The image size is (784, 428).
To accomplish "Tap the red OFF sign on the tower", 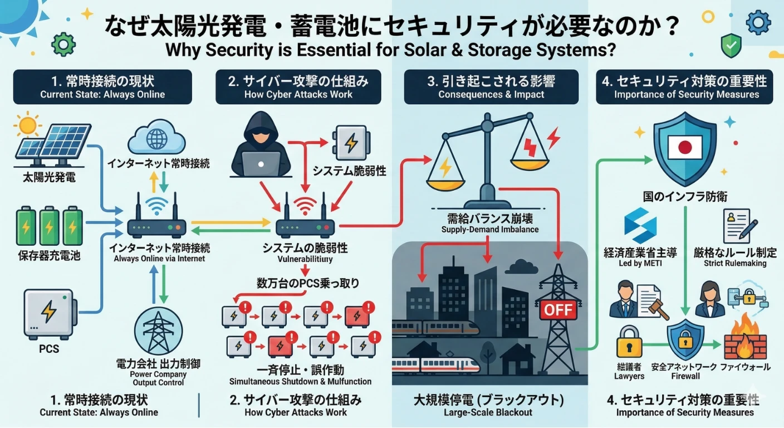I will [x=558, y=309].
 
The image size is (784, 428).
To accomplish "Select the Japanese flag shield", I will [x=684, y=147].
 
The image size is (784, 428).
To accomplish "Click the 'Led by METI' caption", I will [x=640, y=263].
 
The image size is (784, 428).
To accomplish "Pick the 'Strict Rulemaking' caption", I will [x=735, y=263].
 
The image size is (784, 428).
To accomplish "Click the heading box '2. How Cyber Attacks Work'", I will [x=298, y=87].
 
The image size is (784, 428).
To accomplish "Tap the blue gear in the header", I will [x=757, y=23].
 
